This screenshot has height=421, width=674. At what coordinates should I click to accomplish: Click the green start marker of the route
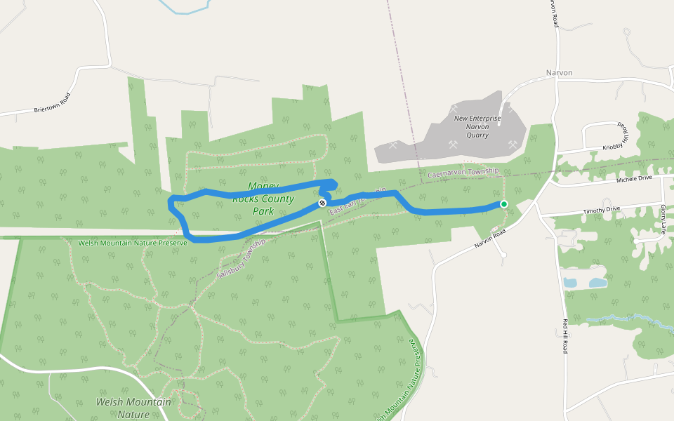click(503, 204)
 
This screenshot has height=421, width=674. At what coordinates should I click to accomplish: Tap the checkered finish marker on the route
click(322, 203)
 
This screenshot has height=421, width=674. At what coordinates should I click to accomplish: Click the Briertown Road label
click(53, 104)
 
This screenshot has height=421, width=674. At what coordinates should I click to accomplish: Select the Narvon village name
click(560, 73)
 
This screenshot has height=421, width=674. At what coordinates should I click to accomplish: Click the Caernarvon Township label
click(463, 172)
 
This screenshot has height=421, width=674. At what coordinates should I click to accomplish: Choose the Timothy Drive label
click(602, 210)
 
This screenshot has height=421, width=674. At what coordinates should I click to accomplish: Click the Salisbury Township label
click(241, 258)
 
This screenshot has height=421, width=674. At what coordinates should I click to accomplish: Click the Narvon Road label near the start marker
click(489, 240)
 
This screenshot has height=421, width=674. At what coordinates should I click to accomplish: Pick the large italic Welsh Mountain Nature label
click(133, 408)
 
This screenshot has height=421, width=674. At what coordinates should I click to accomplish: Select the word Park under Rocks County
click(263, 210)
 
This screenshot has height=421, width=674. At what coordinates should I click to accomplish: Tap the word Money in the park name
click(263, 187)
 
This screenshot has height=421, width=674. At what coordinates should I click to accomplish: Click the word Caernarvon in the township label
click(447, 173)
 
